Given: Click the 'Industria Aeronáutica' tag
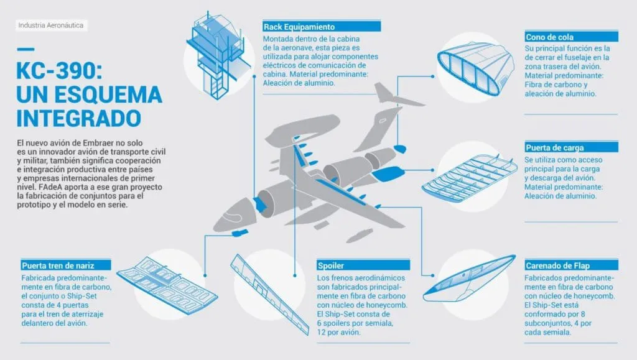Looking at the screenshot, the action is click(x=51, y=25).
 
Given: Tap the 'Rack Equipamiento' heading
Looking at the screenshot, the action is click(x=299, y=27).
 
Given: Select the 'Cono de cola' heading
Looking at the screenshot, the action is click(x=549, y=37).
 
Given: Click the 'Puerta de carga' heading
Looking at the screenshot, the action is click(x=554, y=148).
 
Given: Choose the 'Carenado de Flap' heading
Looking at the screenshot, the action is click(x=557, y=266).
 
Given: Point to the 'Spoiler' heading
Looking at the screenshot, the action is click(x=331, y=266).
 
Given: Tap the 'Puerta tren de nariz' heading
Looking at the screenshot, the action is click(x=58, y=266).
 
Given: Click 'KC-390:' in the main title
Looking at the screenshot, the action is click(x=59, y=70).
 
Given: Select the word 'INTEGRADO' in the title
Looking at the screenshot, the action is click(x=79, y=118).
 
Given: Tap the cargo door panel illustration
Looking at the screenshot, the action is click(x=469, y=178).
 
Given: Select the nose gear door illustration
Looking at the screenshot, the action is click(x=167, y=284).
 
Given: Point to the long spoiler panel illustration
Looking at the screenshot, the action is click(x=270, y=294).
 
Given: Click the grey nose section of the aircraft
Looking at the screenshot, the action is click(x=235, y=215).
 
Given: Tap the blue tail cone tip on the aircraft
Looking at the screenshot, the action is click(x=400, y=149).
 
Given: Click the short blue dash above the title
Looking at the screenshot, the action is click(x=26, y=49).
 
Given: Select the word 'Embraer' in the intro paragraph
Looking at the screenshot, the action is click(x=98, y=143).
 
